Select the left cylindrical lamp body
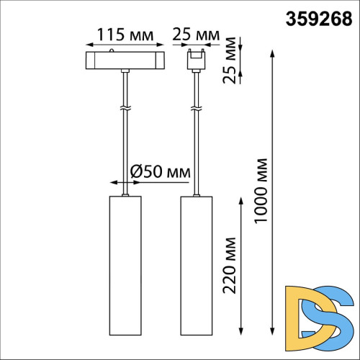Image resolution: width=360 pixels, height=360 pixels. point(126,266)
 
